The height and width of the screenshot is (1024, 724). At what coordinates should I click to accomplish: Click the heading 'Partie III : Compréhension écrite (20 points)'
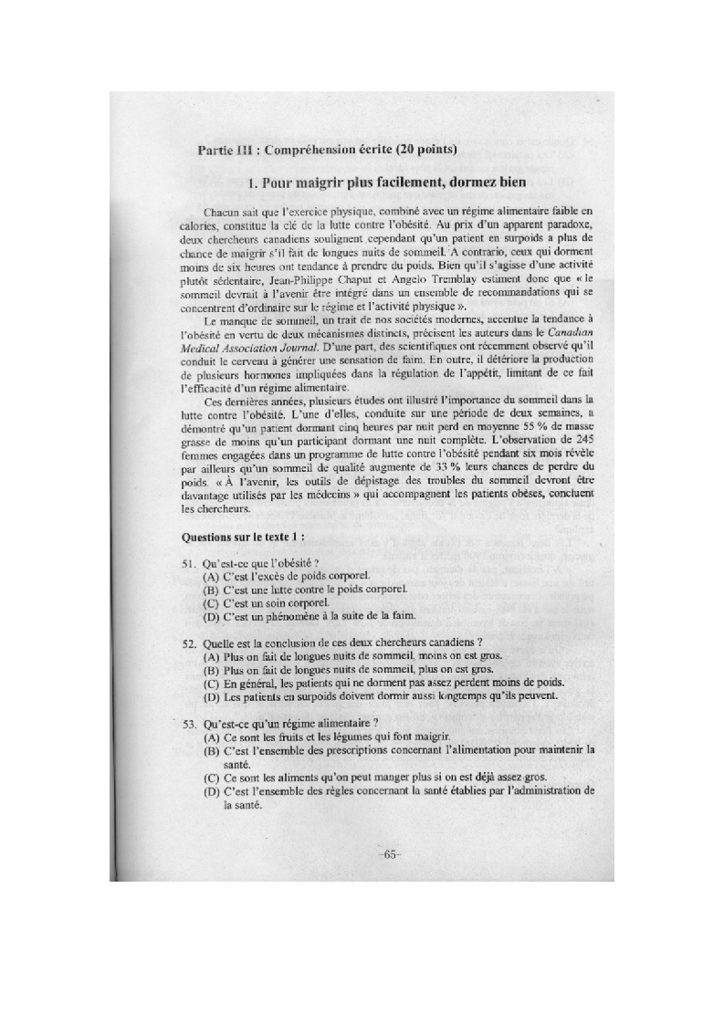click(327, 150)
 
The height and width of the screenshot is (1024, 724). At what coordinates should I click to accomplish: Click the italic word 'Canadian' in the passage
click(567, 333)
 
